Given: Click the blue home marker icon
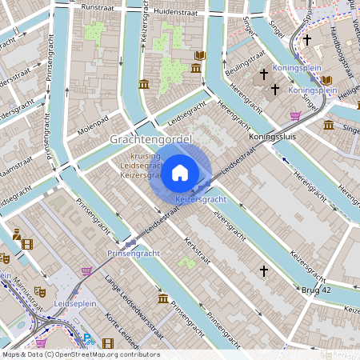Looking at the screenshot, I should pos(180,172).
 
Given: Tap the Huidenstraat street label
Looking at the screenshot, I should pos(173,12).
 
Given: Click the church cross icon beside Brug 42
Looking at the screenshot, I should pos(263,272).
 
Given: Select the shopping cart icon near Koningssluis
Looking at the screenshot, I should pos(295,115).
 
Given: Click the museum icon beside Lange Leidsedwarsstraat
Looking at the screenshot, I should pos(162,299).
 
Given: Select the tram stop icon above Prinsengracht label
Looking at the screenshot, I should pos(130,241).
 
